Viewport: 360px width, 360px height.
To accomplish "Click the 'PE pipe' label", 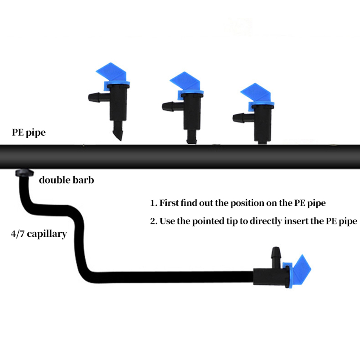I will (x=28, y=133).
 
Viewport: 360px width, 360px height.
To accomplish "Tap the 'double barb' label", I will (x=66, y=180).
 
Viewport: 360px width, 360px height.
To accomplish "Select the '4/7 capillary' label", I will (x=39, y=234).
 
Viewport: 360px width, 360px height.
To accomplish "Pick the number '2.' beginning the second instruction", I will (x=154, y=221).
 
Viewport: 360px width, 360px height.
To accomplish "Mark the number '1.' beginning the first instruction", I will (x=153, y=203).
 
